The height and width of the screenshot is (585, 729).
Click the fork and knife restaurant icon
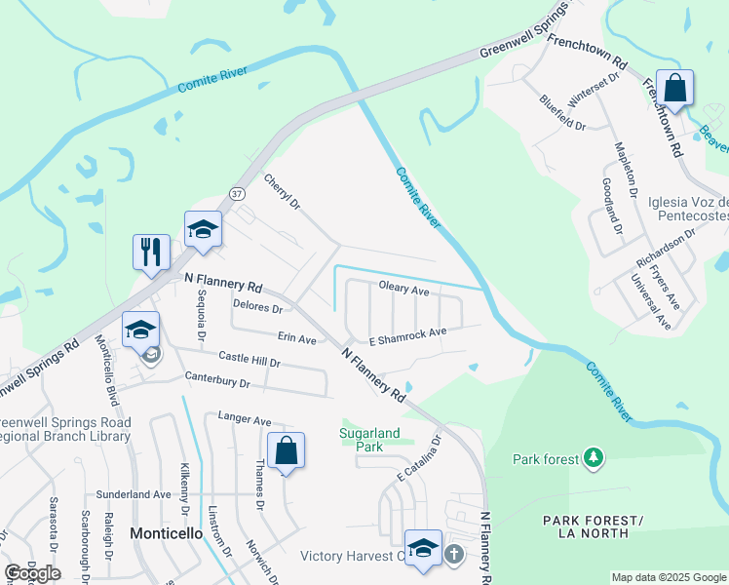coord(151,251)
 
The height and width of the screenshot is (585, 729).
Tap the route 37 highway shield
coord(237,194)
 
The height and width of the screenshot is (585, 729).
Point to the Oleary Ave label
coord(403,290)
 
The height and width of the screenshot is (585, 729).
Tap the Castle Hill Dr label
coord(249,361)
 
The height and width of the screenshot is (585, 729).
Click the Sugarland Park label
coord(362,438)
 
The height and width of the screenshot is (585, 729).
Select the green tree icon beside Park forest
coord(592,456)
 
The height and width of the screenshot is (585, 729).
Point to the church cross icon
coord(453,555)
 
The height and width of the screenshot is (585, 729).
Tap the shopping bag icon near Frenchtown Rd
coord(674,89)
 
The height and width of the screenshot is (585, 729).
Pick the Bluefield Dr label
coord(562,112)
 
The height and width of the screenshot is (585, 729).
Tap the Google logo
coord(32,572)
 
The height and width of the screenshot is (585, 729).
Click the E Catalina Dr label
coord(419,457)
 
